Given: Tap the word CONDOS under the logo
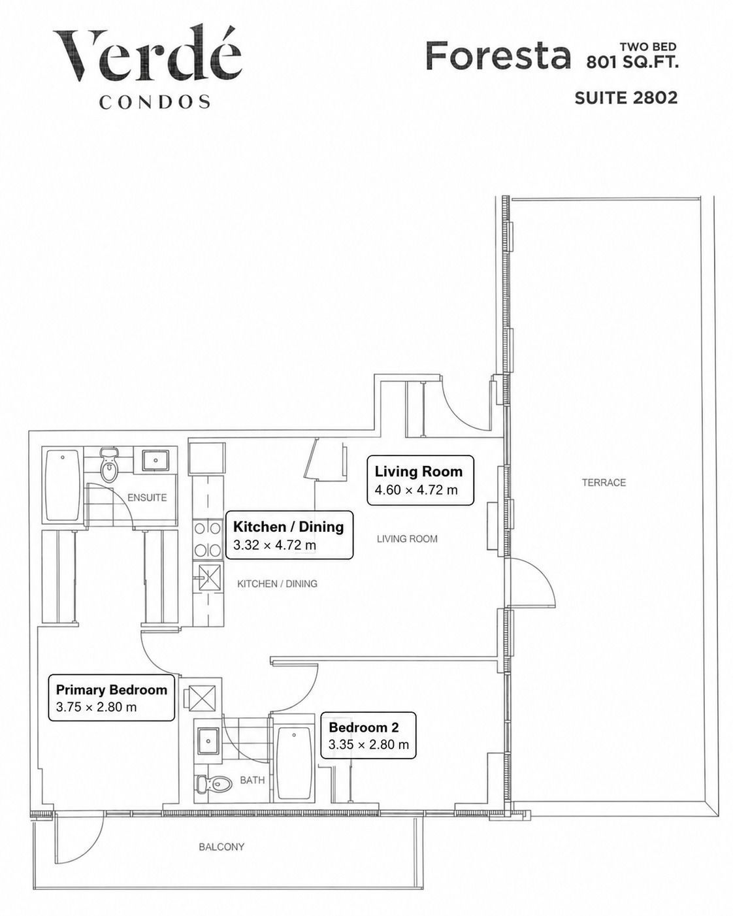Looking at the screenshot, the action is [155, 102].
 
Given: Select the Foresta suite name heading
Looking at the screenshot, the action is [498, 56].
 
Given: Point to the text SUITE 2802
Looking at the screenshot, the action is [626, 98].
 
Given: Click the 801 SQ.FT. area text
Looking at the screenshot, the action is [632, 63].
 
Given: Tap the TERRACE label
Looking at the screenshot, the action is [604, 483].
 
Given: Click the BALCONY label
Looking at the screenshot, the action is [221, 847].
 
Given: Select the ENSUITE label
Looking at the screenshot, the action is [147, 498].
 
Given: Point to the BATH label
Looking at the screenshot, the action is [252, 780].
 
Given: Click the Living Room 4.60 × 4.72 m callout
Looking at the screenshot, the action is [421, 481].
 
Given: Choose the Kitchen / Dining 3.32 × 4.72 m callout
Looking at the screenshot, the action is [289, 535].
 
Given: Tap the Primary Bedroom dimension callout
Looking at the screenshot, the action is [112, 698].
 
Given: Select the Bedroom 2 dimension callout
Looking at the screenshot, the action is [368, 736].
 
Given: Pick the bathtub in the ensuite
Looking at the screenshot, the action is [62, 485].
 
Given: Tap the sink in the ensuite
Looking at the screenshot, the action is [155, 460].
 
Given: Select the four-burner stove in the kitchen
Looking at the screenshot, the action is [208, 540].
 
